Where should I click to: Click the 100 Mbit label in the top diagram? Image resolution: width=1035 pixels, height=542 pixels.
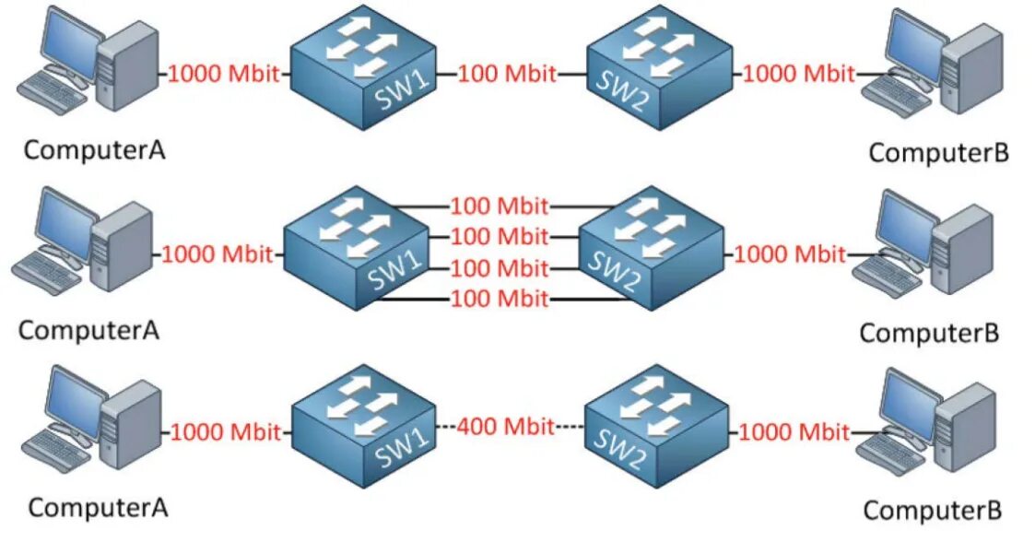507,73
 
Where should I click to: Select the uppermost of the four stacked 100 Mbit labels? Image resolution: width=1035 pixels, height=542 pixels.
500,206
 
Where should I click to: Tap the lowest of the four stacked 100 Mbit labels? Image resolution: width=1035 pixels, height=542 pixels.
500,299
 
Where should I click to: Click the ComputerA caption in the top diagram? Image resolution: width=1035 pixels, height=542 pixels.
94,149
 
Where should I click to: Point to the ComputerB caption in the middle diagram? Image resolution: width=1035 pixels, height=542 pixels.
929,333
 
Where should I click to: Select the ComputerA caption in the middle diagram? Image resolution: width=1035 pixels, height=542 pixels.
88,329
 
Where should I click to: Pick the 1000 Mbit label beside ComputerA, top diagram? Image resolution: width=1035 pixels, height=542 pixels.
223,74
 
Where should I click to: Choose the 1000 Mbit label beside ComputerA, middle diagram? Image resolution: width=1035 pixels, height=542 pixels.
218,253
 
